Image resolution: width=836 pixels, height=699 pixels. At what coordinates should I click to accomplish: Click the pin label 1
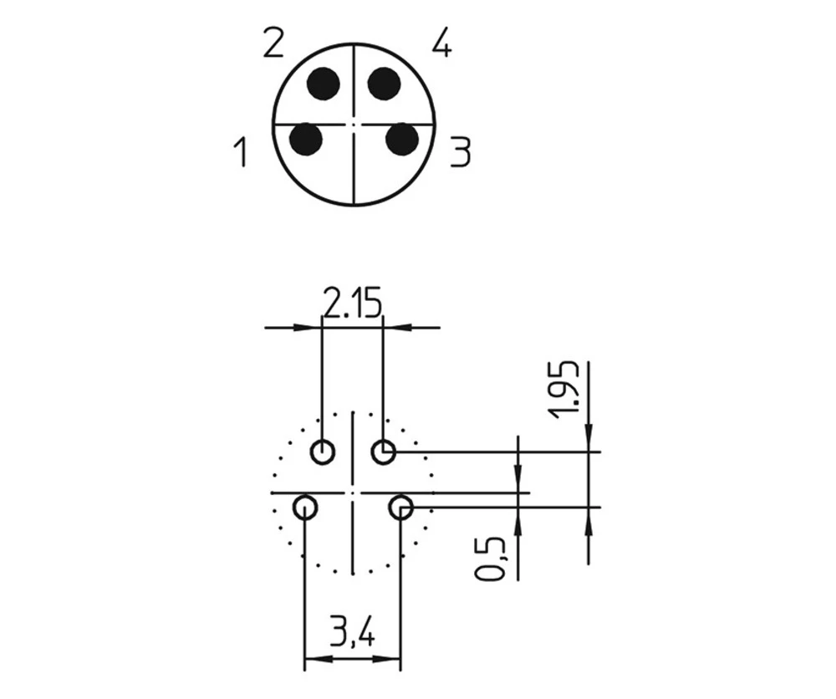[241, 153]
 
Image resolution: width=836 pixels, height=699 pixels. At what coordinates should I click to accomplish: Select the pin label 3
[460, 153]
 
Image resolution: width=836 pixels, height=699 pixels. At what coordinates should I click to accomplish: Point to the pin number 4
[442, 43]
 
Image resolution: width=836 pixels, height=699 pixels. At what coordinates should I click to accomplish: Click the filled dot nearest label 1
[306, 139]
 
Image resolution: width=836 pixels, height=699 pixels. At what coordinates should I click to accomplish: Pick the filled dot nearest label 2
[323, 84]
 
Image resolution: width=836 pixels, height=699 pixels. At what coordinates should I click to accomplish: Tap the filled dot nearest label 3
[402, 139]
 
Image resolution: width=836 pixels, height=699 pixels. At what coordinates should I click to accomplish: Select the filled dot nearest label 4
[385, 84]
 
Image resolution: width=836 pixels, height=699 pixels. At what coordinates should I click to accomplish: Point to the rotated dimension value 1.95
[568, 389]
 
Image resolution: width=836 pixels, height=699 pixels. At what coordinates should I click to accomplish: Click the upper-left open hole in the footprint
[323, 452]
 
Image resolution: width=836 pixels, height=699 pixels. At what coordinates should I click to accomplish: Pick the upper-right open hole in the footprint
[384, 452]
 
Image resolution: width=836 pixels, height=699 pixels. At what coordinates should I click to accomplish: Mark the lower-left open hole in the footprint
[305, 507]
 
